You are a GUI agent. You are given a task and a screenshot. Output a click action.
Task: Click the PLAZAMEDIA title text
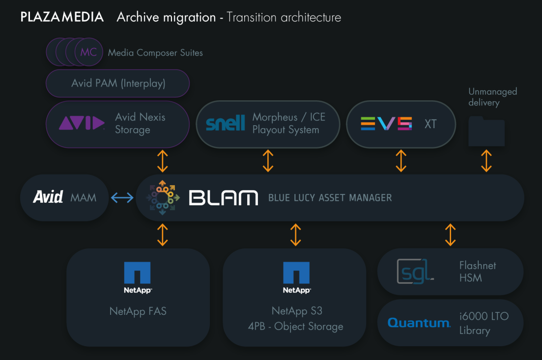point(62,17)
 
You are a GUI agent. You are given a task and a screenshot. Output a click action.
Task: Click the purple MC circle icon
point(88,52)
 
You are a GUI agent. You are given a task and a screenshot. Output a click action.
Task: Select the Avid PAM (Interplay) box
point(118,83)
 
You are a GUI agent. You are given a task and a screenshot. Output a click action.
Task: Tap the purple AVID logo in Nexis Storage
point(82,124)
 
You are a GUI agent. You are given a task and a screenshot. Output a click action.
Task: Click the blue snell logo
point(225,124)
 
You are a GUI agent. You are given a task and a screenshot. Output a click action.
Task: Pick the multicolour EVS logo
point(386,124)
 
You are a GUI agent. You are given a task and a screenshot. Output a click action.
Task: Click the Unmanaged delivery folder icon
point(486,132)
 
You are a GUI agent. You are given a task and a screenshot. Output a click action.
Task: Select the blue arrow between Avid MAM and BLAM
point(122,198)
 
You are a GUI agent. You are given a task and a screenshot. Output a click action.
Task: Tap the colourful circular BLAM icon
point(162,198)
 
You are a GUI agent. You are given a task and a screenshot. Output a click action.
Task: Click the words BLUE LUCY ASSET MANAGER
point(330,198)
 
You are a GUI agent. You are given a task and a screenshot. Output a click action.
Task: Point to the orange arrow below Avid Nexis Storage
point(162,161)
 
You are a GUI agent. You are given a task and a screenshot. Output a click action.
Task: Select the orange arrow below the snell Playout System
point(268,161)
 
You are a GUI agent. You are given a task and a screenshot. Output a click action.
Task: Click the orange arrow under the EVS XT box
point(401,161)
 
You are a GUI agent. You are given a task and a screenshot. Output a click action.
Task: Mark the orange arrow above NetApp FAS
point(162,235)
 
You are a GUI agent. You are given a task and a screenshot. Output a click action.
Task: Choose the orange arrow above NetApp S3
point(295,235)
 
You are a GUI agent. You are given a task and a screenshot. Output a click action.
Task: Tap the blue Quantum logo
point(419,323)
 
